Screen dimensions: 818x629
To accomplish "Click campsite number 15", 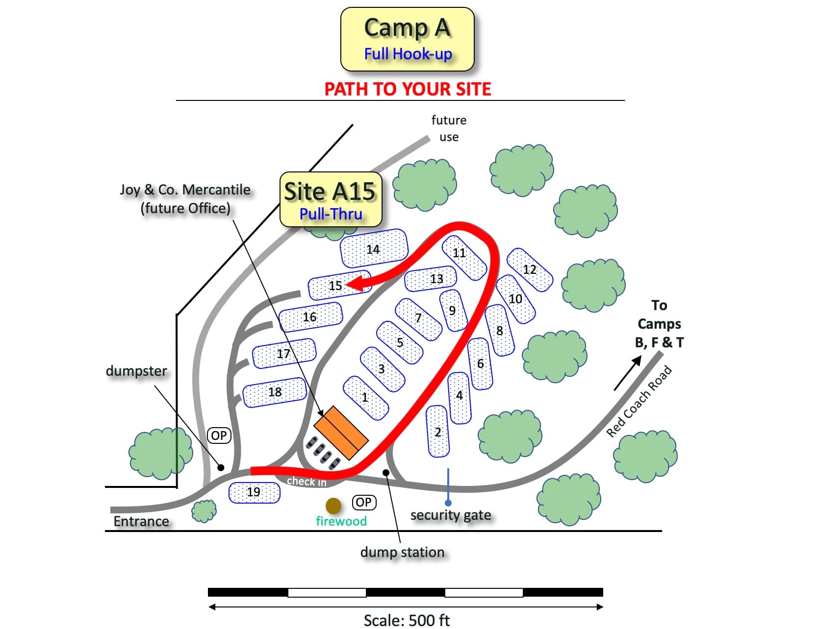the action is (x=339, y=285).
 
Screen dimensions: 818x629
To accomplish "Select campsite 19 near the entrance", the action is (x=254, y=492).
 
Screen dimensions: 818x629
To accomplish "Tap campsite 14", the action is (x=374, y=249).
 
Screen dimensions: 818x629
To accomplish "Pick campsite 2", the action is (x=437, y=431).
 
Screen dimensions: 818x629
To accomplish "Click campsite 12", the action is (x=530, y=269).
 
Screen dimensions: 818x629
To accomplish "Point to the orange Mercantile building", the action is (x=341, y=433).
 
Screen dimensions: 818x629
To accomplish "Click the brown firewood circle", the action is (x=333, y=506).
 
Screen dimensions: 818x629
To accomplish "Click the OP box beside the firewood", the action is (x=364, y=503).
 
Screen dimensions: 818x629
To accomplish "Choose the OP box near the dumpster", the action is (x=219, y=435).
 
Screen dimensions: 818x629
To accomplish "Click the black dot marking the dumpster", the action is (x=221, y=468).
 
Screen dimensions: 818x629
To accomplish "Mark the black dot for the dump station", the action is (x=386, y=472).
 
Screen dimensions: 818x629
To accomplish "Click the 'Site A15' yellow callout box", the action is (x=331, y=199).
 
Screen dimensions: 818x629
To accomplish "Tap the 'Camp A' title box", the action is (x=408, y=39).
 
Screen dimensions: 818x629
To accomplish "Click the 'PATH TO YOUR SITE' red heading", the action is (x=408, y=89).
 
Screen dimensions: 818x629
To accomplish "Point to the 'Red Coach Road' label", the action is (x=639, y=402).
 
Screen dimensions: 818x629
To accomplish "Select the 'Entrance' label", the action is (x=141, y=521).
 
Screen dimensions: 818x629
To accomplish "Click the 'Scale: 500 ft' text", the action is (x=407, y=620).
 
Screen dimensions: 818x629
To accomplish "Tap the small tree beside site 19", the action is (x=204, y=511).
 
